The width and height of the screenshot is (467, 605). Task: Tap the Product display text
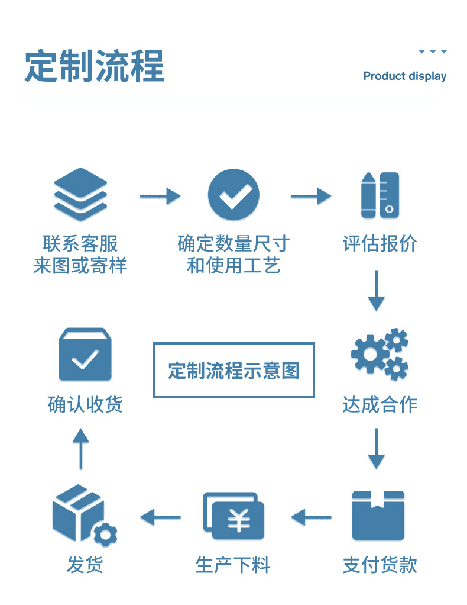pyautogui.click(x=404, y=76)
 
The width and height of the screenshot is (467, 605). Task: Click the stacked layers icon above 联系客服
pyautogui.click(x=80, y=195)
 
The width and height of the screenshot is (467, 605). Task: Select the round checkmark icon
pyautogui.click(x=234, y=195)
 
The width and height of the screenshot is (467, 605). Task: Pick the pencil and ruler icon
pyautogui.click(x=380, y=195)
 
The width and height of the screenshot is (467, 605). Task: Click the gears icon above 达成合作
pyautogui.click(x=380, y=354)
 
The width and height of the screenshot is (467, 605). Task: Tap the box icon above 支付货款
pyautogui.click(x=378, y=515)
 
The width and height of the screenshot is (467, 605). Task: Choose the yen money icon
pyautogui.click(x=234, y=516)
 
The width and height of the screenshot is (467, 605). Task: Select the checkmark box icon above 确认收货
pyautogui.click(x=85, y=355)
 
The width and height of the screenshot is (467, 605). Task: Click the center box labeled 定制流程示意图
pyautogui.click(x=234, y=371)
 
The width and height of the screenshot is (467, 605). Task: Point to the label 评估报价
pyautogui.click(x=380, y=244)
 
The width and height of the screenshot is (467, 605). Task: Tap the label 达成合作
pyautogui.click(x=380, y=405)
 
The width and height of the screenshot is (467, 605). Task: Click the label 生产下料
pyautogui.click(x=233, y=565)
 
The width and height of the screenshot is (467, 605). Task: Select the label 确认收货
pyautogui.click(x=85, y=405)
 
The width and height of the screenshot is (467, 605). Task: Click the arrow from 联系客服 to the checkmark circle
pyautogui.click(x=160, y=195)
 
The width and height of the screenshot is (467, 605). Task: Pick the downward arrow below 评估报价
pyautogui.click(x=376, y=291)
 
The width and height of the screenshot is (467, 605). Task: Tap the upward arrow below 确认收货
pyautogui.click(x=80, y=448)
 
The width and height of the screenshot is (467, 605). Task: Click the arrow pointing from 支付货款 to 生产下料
pyautogui.click(x=311, y=517)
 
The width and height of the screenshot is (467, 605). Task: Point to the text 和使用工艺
pyautogui.click(x=234, y=266)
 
